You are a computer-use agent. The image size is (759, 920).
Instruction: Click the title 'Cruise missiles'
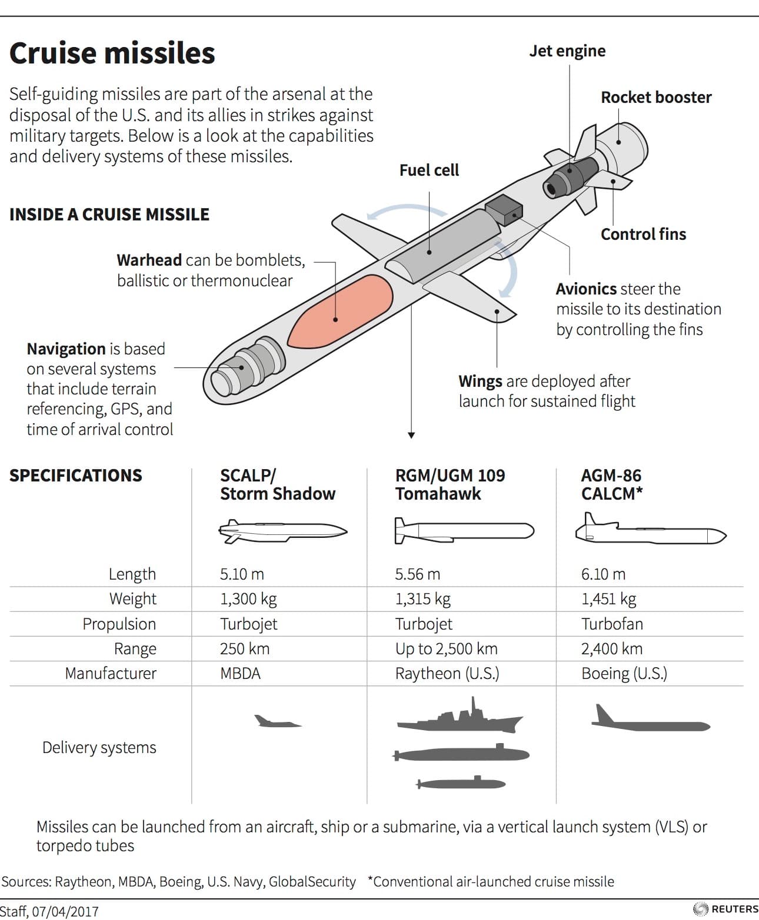click(112, 53)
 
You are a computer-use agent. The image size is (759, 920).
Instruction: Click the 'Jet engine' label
click(567, 51)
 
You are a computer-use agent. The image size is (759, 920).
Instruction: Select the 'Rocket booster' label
click(656, 98)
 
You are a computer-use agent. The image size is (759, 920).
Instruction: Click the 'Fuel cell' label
click(429, 170)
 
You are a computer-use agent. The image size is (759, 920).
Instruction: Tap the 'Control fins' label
click(643, 235)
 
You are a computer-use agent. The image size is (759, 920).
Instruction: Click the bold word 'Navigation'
click(66, 349)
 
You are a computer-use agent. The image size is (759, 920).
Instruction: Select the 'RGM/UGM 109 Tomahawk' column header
click(450, 484)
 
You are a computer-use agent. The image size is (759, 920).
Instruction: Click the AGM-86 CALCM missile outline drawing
click(650, 531)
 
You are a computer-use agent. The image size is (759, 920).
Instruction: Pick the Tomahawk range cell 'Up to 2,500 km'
click(446, 649)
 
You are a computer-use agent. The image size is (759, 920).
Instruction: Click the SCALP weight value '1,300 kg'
click(248, 599)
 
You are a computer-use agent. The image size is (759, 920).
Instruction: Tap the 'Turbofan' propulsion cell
click(612, 624)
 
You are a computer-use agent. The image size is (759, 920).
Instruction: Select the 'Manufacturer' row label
click(111, 674)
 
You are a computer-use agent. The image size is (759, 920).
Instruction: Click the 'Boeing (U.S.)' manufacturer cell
click(624, 674)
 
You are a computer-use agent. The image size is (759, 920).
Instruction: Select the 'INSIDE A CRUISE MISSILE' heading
click(109, 215)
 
